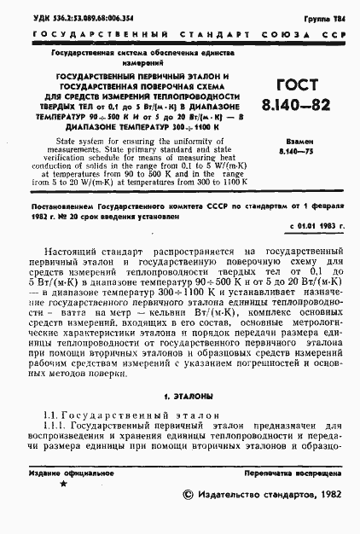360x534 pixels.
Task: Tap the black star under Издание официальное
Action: pyautogui.click(x=62, y=483)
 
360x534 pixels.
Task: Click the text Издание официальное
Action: pyautogui.click(x=65, y=472)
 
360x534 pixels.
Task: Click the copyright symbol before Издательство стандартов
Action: pyautogui.click(x=189, y=496)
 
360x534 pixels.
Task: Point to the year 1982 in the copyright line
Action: pyautogui.click(x=328, y=496)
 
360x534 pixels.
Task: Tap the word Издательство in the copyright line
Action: pyautogui.click(x=232, y=496)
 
